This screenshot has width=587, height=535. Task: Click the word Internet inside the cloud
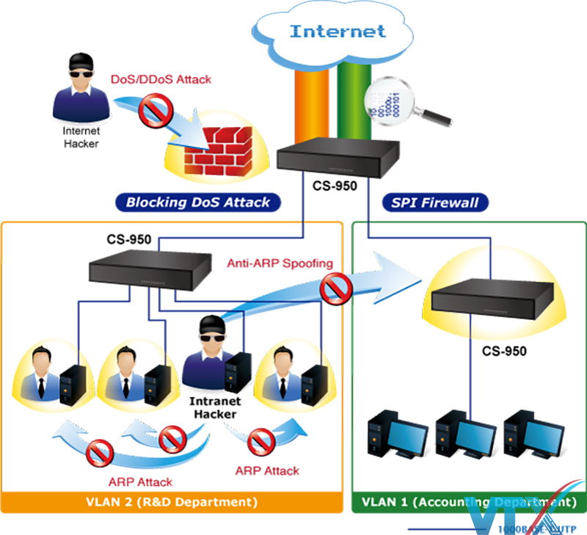click(x=338, y=31)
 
